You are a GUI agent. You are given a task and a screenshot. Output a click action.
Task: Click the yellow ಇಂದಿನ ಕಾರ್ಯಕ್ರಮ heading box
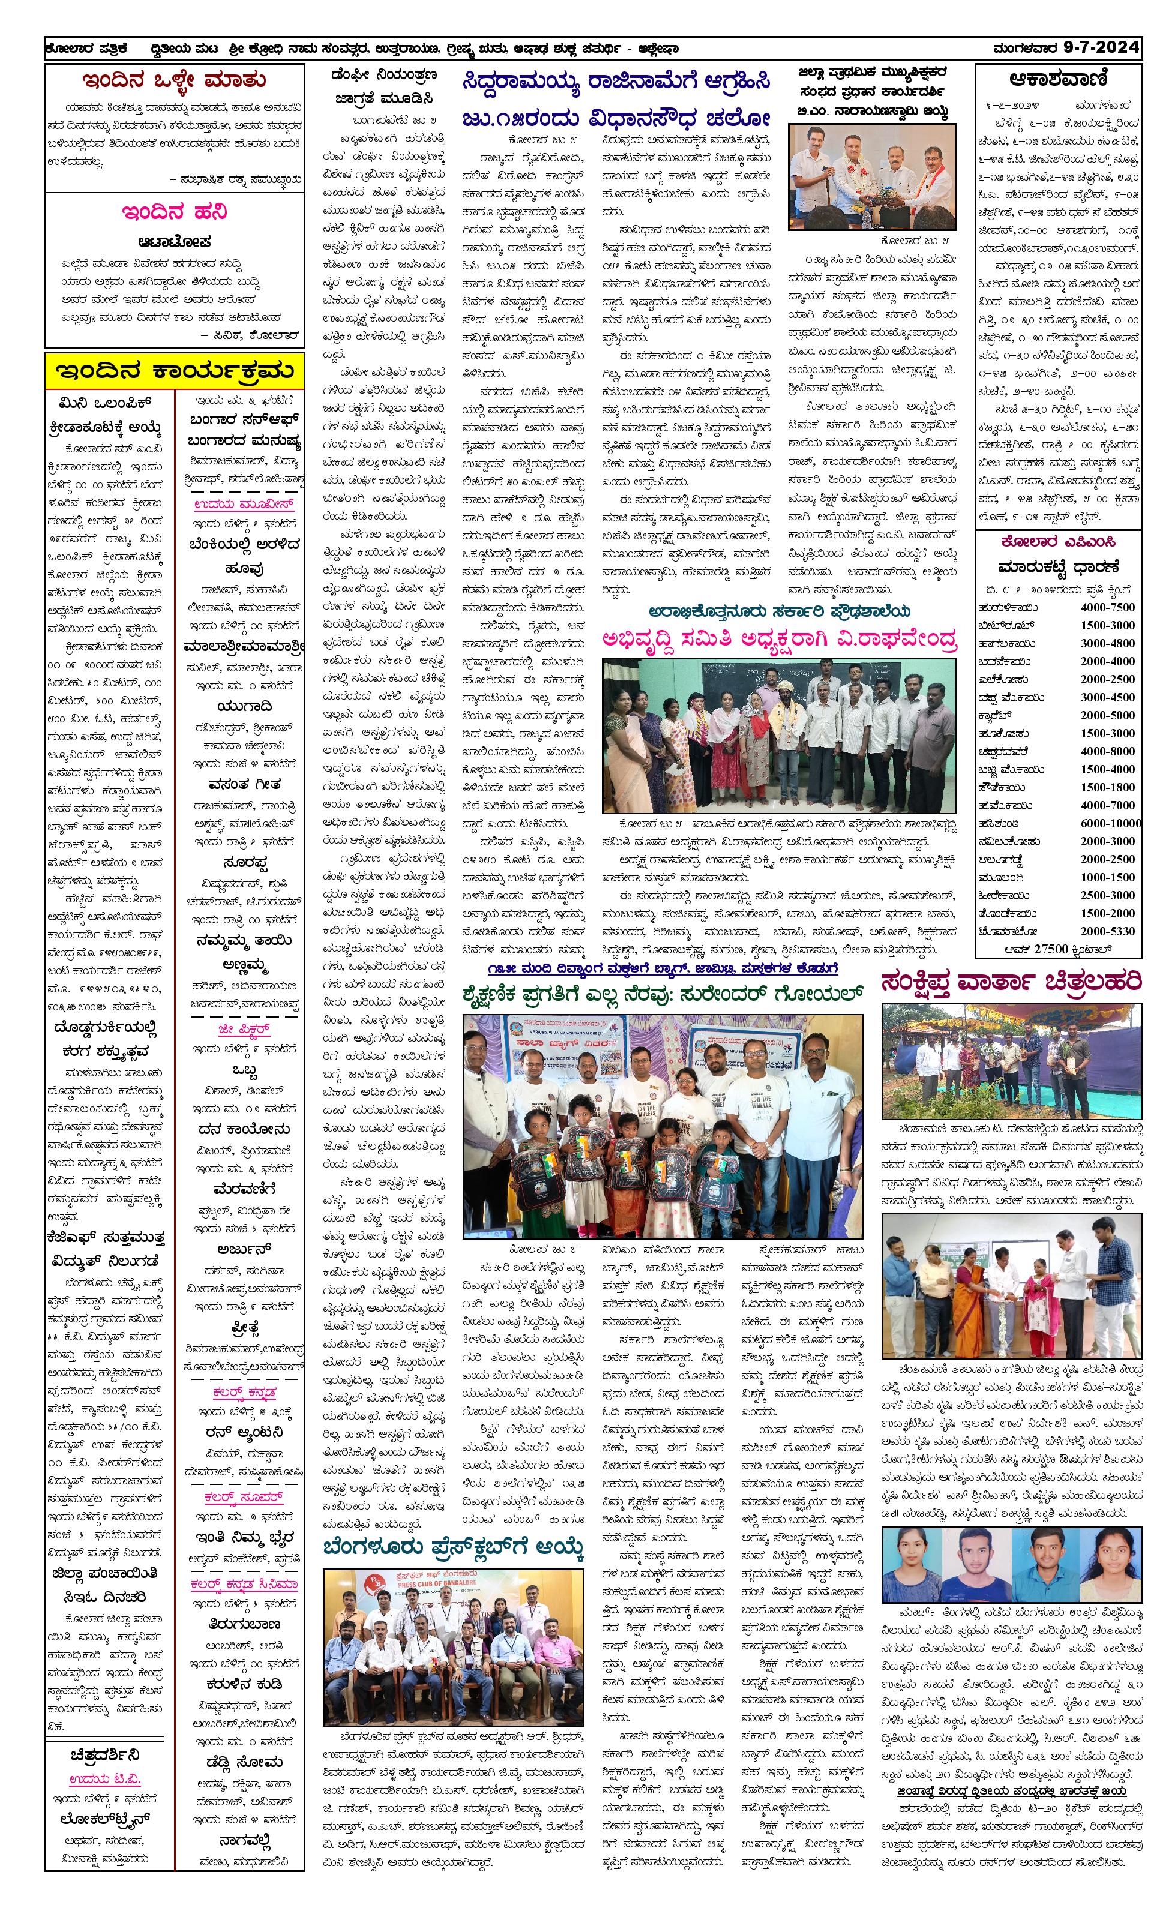174,371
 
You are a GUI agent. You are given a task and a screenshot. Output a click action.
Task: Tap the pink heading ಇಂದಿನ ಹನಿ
174,212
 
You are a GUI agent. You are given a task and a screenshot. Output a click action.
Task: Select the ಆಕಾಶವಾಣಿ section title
1058,79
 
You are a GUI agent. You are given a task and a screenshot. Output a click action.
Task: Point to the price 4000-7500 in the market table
1107,607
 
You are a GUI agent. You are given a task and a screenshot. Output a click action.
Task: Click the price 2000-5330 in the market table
1107,931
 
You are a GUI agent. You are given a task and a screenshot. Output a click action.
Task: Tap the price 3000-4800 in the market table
1107,643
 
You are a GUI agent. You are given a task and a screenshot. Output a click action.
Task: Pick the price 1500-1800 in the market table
1107,787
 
